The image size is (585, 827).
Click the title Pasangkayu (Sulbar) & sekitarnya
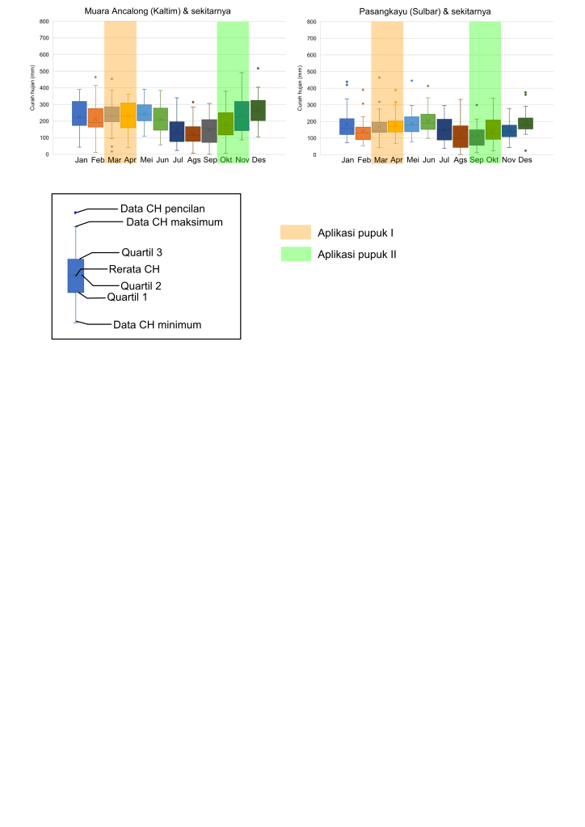(x=426, y=11)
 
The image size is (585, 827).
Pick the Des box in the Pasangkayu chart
(x=525, y=123)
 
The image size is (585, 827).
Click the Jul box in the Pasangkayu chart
(x=444, y=129)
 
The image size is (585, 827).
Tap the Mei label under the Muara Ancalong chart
(x=146, y=160)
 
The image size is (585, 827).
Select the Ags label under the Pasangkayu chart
(x=461, y=160)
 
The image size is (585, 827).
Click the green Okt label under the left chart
(x=225, y=160)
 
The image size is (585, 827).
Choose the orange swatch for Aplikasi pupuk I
(x=295, y=233)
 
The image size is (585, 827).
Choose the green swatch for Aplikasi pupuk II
(x=295, y=254)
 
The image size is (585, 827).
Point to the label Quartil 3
(x=142, y=251)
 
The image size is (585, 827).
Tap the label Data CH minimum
(x=157, y=324)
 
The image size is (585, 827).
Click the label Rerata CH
(x=134, y=268)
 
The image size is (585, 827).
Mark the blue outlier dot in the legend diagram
(x=75, y=213)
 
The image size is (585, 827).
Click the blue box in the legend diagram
(x=75, y=275)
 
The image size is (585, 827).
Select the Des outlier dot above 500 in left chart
(x=258, y=69)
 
